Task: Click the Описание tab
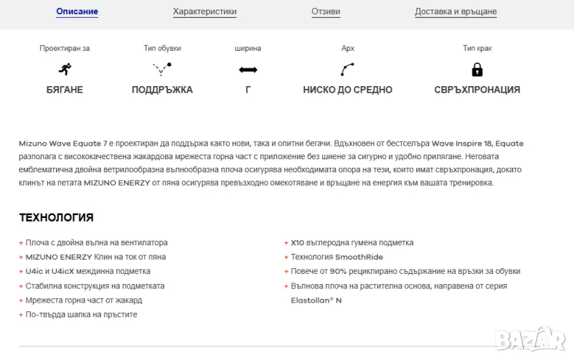[77, 11]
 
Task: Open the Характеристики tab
[204, 11]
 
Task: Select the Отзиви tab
[326, 11]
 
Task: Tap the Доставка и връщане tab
[456, 11]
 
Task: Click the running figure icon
[65, 70]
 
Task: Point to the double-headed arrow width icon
[248, 70]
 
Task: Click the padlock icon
[476, 70]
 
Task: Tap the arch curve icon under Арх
[347, 70]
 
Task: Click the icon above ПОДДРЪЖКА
[162, 70]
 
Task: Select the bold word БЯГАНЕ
[65, 90]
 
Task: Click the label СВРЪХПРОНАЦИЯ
[477, 90]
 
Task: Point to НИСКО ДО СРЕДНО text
[347, 90]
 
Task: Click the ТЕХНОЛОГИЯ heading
[56, 217]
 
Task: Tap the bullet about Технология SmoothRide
[337, 257]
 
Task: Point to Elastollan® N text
[316, 300]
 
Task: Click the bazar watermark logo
[539, 336]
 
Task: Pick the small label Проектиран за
[65, 48]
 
